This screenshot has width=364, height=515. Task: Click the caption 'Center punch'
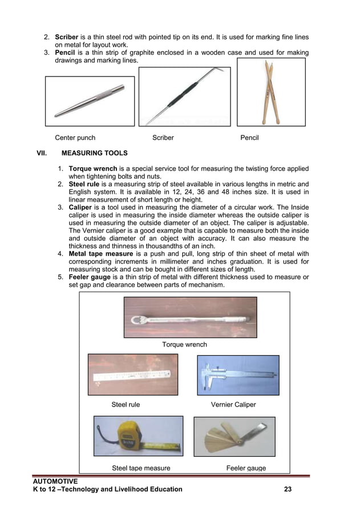pyautogui.click(x=75, y=138)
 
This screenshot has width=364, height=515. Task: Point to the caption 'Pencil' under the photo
pyautogui.click(x=249, y=138)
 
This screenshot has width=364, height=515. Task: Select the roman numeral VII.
pyautogui.click(x=41, y=154)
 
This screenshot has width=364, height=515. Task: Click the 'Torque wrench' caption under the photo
pyautogui.click(x=184, y=345)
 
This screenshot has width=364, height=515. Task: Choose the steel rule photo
pyautogui.click(x=132, y=375)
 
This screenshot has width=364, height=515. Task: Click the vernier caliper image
pyautogui.click(x=238, y=375)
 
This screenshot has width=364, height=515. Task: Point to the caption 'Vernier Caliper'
pyautogui.click(x=233, y=405)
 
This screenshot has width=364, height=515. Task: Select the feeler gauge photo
pyautogui.click(x=234, y=436)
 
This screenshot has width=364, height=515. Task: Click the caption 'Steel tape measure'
pyautogui.click(x=141, y=469)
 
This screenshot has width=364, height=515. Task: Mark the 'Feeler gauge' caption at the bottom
pyautogui.click(x=246, y=469)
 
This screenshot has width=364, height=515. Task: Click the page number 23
pyautogui.click(x=288, y=489)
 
